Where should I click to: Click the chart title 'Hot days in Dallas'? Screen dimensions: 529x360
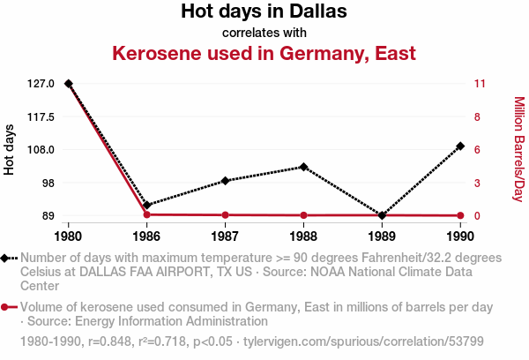(264, 11)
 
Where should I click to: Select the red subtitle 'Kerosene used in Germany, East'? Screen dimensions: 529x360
(264, 53)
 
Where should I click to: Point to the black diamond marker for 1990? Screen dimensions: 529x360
(460, 146)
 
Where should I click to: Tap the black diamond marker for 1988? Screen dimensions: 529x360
(303, 167)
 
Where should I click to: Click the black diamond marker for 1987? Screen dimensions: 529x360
(226, 181)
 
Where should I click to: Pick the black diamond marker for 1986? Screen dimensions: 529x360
(146, 205)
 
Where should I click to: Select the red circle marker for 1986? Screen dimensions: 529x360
(146, 214)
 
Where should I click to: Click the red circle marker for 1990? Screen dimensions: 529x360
(460, 215)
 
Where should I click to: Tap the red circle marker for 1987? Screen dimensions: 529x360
(226, 214)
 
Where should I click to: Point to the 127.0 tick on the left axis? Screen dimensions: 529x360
(41, 84)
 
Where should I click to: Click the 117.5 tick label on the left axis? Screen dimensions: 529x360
(41, 116)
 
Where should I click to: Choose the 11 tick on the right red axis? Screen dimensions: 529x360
(480, 84)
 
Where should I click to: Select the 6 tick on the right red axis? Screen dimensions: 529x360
(477, 150)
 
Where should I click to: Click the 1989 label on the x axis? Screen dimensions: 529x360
(382, 236)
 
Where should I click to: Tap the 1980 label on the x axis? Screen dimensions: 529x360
(68, 236)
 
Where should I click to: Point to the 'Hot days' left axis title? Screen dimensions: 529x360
(9, 150)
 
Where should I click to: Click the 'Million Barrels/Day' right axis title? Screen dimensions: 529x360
(519, 149)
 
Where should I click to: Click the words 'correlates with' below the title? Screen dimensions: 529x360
(264, 33)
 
